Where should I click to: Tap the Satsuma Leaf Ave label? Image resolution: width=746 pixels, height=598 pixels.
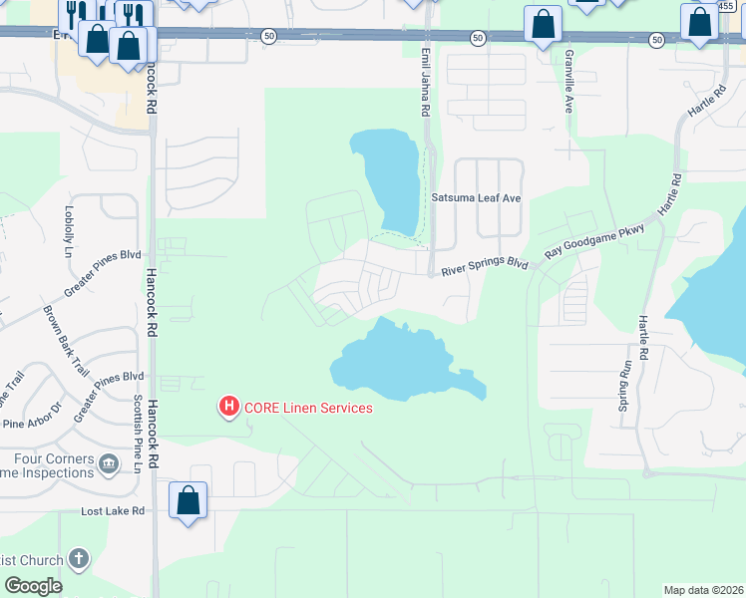(476, 198)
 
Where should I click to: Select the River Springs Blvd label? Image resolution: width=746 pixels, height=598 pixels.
(484, 267)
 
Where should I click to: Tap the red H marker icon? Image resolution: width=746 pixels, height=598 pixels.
(228, 407)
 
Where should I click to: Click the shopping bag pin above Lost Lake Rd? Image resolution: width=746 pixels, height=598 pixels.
(188, 500)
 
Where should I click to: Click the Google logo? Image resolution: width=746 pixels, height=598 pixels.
(33, 586)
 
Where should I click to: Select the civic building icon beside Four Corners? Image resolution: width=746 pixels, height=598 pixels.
(108, 461)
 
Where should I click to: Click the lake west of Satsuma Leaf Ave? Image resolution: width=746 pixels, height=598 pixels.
(391, 175)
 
